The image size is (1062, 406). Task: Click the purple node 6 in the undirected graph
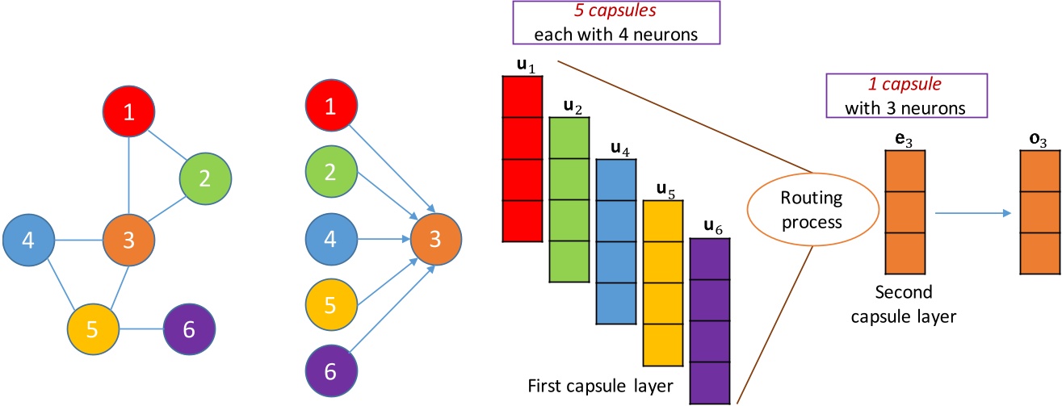[189, 329]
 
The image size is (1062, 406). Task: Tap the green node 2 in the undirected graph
[205, 178]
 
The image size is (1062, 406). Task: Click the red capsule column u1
[523, 158]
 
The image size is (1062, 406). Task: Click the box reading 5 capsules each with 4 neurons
[616, 23]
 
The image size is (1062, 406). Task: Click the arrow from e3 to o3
[973, 214]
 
